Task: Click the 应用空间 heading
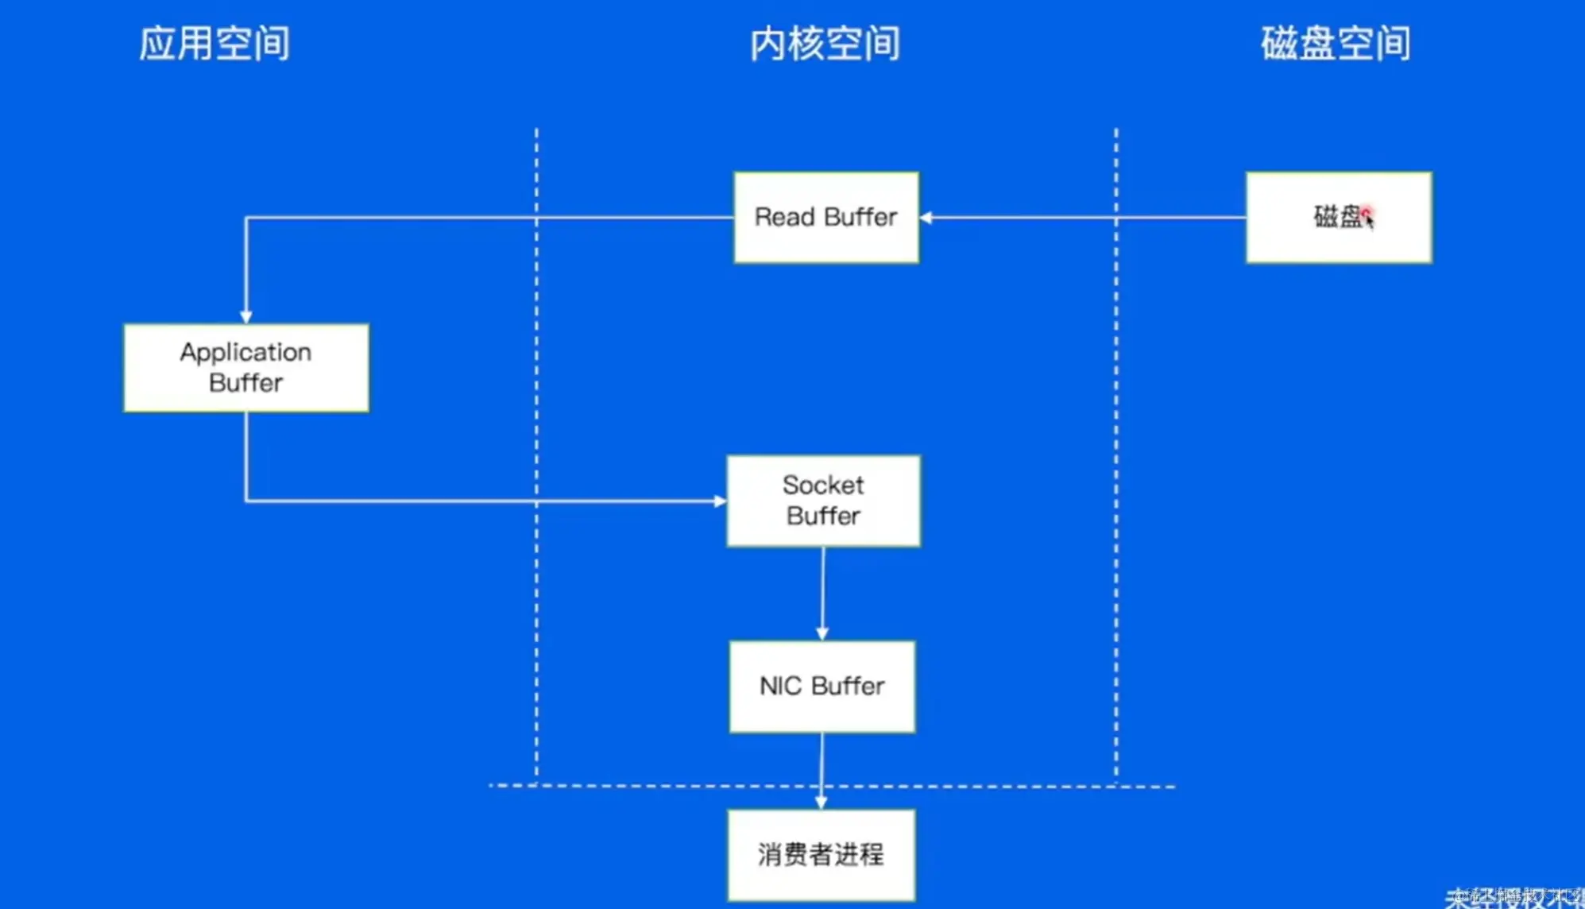(215, 43)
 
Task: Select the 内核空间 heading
(825, 43)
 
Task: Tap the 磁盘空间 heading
(1336, 43)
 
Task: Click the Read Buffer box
(826, 217)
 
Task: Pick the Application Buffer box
(246, 367)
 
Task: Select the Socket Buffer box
(824, 501)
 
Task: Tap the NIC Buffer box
(822, 687)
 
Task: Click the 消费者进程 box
(821, 855)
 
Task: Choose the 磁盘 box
(1339, 217)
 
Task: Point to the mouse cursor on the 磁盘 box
(1368, 217)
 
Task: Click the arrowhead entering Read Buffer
(926, 217)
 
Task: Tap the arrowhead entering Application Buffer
(246, 316)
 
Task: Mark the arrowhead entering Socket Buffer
(720, 501)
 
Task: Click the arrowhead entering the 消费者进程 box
(821, 803)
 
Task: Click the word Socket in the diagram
(823, 485)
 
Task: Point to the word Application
(245, 352)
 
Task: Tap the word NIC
(780, 687)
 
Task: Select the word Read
(785, 217)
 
